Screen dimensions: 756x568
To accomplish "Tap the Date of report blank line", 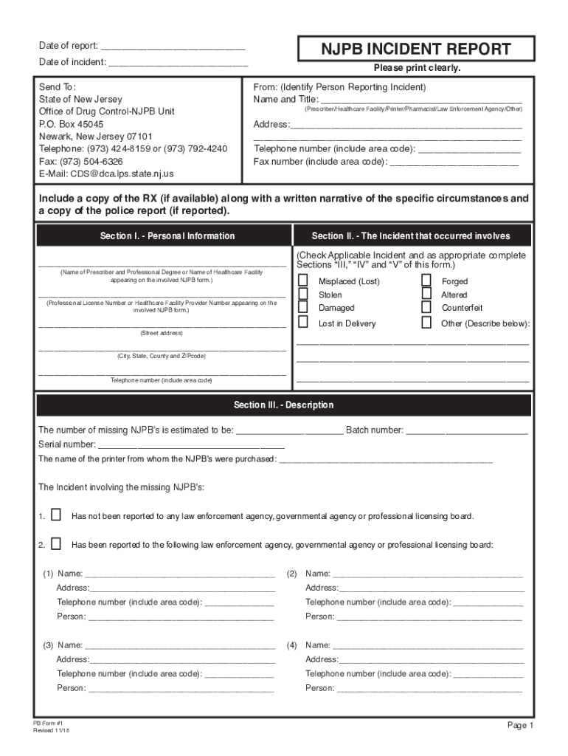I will tap(173, 46).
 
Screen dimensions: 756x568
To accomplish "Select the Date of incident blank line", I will tap(178, 63).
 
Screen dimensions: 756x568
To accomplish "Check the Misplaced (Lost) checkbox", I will tap(303, 281).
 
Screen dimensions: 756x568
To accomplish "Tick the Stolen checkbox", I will tap(303, 294).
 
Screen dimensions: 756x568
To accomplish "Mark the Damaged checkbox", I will tap(303, 307).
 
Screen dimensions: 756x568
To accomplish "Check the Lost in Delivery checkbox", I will tap(303, 323).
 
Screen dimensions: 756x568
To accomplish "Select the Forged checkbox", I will tap(426, 281).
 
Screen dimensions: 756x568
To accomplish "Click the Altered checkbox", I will tap(426, 294).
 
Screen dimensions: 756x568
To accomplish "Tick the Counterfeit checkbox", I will tap(426, 307).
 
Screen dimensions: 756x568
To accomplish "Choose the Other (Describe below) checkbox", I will tap(426, 323).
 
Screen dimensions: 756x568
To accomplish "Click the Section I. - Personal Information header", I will tap(167, 236).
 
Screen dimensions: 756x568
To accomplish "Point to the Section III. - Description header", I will tap(284, 405).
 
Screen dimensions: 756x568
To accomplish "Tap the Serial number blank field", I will tap(191, 444).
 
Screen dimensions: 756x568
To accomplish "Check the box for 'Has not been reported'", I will tap(56, 515).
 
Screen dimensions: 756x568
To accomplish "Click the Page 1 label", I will tap(519, 726).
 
